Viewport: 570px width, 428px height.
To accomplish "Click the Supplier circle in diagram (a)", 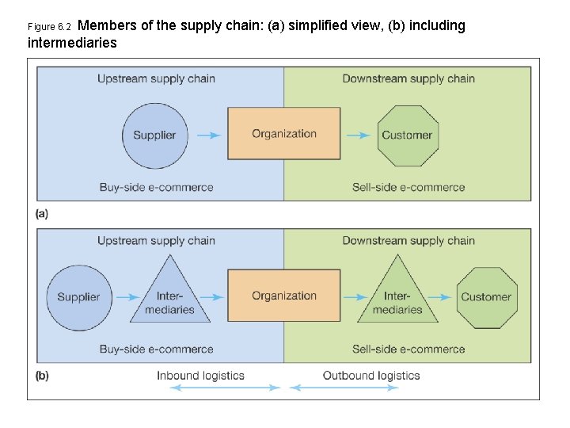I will pos(154,135).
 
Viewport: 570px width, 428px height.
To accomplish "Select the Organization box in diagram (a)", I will pos(283,134).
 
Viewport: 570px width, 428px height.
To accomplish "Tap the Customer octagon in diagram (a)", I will pos(407,135).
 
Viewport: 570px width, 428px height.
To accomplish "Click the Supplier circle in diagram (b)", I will pos(78,296).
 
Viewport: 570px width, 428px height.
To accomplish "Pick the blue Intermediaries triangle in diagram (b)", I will pos(170,297).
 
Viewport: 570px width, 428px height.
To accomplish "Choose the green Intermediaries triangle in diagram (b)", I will pos(397,297).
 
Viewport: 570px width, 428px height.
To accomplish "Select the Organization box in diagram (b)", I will pos(283,296).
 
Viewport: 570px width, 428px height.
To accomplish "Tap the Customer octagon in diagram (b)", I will pos(486,296).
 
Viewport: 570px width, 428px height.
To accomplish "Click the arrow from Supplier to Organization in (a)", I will pos(208,136).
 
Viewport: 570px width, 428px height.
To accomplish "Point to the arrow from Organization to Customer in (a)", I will pos(358,136).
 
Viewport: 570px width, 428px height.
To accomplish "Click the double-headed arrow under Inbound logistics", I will pos(225,388).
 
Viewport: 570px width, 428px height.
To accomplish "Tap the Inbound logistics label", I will pos(200,376).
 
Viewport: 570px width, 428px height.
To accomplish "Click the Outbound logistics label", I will pos(370,376).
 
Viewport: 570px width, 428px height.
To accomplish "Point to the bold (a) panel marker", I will pos(42,213).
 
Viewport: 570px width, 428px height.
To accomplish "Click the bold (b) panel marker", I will pos(42,376).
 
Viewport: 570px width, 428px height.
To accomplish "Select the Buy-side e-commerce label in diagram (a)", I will pos(156,188).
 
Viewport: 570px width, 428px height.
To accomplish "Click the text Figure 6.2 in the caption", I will pos(49,27).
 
